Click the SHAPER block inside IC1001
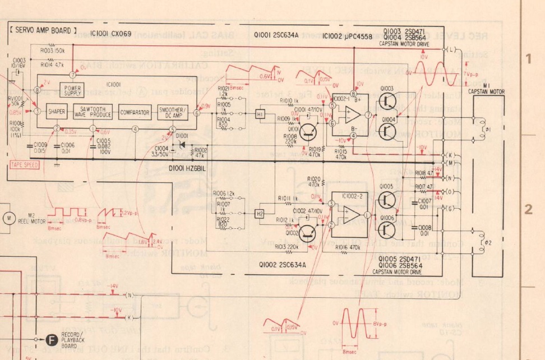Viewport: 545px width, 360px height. click(x=57, y=112)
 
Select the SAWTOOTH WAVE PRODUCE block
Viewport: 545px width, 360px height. click(x=93, y=112)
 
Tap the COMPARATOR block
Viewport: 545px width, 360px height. click(x=135, y=112)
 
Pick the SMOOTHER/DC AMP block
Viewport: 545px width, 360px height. click(x=173, y=112)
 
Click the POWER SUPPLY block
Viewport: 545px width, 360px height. click(x=73, y=90)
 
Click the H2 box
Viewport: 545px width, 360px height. click(x=260, y=214)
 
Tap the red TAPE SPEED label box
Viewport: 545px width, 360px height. click(x=24, y=165)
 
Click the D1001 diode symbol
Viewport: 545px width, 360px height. click(x=181, y=145)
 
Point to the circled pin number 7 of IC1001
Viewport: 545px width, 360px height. click(x=73, y=75)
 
